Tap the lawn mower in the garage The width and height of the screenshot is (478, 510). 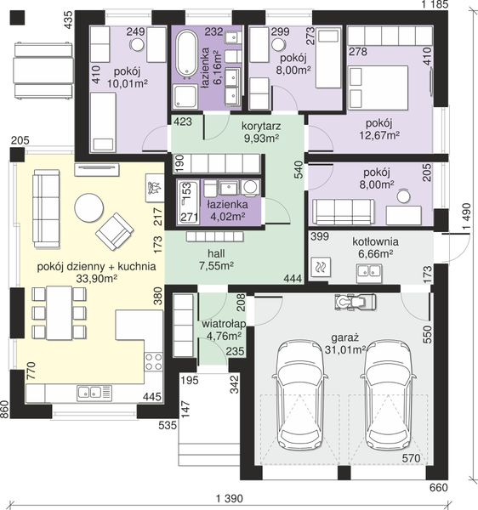click(x=355, y=302)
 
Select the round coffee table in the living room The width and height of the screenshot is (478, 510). click(x=89, y=208)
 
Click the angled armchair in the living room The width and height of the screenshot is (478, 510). click(x=114, y=231)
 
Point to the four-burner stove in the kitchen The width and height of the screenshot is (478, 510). click(x=154, y=362)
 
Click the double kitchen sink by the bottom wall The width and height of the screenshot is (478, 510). click(x=94, y=392)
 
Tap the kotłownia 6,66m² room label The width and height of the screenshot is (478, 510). click(x=375, y=247)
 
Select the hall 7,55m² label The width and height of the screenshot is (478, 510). click(x=216, y=259)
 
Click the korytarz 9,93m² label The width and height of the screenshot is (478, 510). click(x=261, y=132)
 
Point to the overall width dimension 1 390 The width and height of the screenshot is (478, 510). click(x=230, y=498)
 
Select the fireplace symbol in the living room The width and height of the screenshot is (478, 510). click(x=155, y=189)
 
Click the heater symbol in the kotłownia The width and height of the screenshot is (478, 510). click(x=321, y=268)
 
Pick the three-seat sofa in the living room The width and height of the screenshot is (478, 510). click(x=47, y=209)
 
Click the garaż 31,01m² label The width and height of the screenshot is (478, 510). click(x=345, y=343)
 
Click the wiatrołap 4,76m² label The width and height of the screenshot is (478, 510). click(x=224, y=330)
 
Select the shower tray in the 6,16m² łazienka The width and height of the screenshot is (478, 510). click(x=185, y=96)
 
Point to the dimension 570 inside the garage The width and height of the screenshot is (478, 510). click(x=412, y=458)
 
